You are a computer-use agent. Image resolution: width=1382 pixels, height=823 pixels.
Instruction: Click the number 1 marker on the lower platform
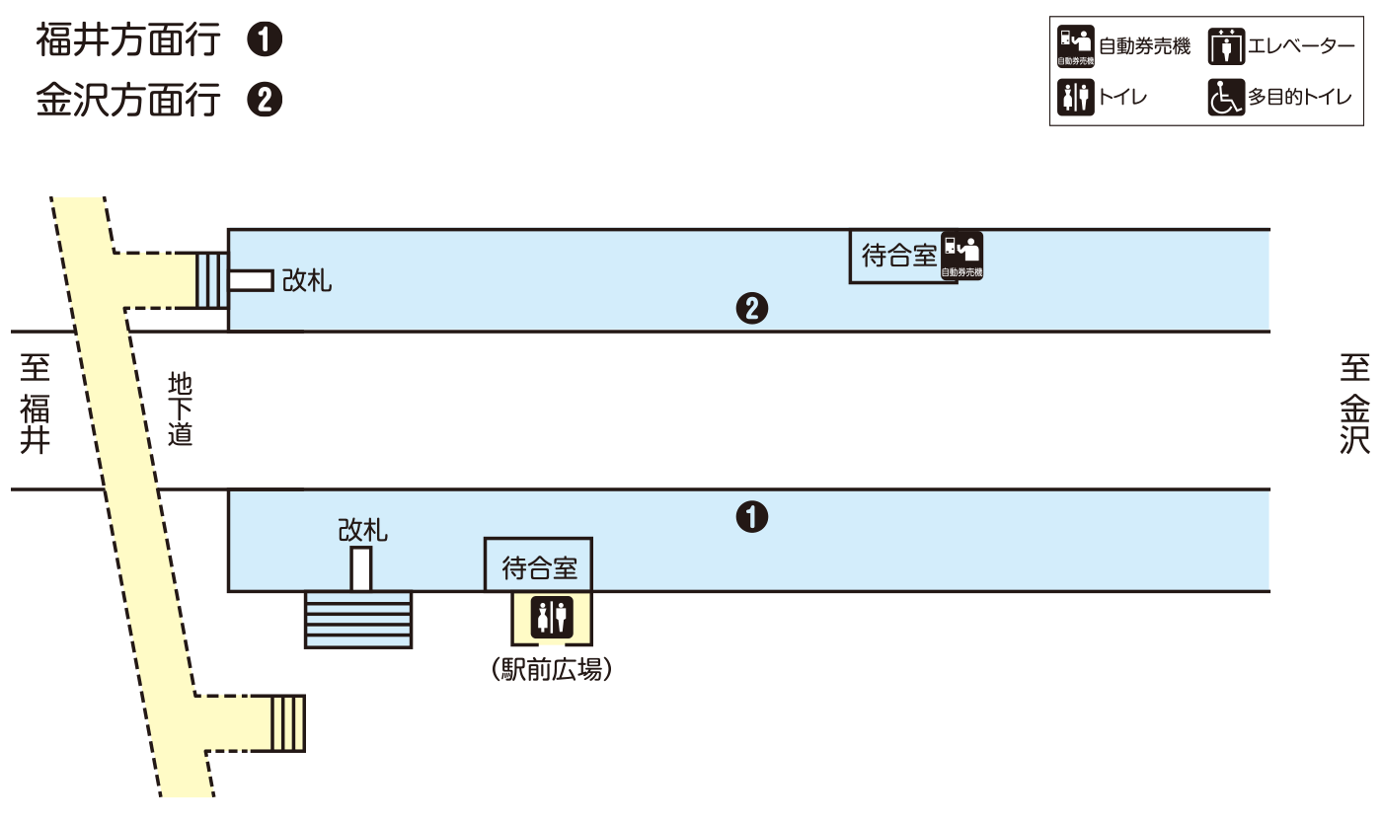(752, 516)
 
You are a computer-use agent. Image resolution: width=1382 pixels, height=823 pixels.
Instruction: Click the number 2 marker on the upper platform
(752, 309)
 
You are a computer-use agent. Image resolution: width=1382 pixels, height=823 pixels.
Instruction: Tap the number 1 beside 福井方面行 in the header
(265, 40)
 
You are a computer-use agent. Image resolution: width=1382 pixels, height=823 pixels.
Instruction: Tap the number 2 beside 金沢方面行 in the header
(265, 101)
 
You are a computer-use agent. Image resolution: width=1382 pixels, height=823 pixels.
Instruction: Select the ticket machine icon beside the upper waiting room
(962, 256)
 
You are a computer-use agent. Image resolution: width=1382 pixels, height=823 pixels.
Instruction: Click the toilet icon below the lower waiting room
(552, 617)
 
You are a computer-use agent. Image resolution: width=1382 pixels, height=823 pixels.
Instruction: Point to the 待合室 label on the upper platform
(898, 257)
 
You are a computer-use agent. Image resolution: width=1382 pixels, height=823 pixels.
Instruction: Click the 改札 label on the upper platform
(307, 281)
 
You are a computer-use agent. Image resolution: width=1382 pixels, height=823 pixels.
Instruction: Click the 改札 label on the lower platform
(362, 531)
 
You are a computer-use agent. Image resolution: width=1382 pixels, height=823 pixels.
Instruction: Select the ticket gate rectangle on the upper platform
(251, 280)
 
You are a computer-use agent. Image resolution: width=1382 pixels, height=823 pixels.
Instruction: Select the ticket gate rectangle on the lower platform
(361, 569)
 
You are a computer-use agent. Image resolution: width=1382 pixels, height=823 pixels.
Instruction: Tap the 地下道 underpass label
(180, 409)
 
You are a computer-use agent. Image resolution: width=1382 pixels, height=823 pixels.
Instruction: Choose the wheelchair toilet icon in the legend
(1226, 98)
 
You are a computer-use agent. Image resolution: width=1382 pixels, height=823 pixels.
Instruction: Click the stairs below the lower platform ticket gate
(358, 620)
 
